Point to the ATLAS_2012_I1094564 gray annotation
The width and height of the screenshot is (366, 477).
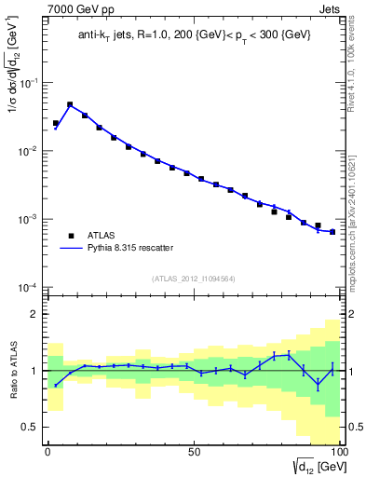click(194, 278)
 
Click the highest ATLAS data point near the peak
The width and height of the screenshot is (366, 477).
click(70, 105)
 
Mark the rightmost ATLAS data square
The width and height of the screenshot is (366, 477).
click(332, 232)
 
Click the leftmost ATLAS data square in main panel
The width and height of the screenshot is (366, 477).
click(56, 123)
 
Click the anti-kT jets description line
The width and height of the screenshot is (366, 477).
click(194, 35)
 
